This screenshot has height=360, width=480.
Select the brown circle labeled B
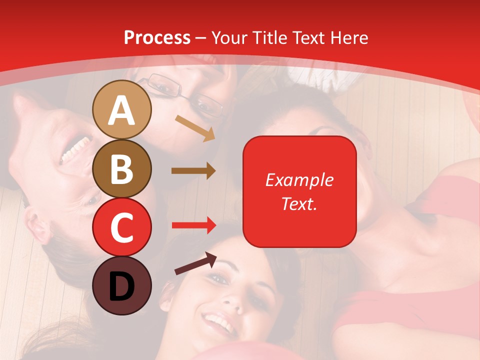click(x=122, y=168)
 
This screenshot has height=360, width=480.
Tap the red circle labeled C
click(x=122, y=227)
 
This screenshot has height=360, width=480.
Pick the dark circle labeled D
click(x=122, y=285)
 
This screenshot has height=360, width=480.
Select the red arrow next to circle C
click(x=193, y=225)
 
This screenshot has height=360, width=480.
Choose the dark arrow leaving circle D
click(x=195, y=263)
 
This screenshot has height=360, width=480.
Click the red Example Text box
click(x=299, y=191)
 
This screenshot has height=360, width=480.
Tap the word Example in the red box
click(x=299, y=180)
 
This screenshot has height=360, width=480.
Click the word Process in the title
click(x=157, y=37)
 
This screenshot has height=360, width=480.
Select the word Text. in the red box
click(x=299, y=204)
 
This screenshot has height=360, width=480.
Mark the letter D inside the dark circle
click(x=122, y=286)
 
